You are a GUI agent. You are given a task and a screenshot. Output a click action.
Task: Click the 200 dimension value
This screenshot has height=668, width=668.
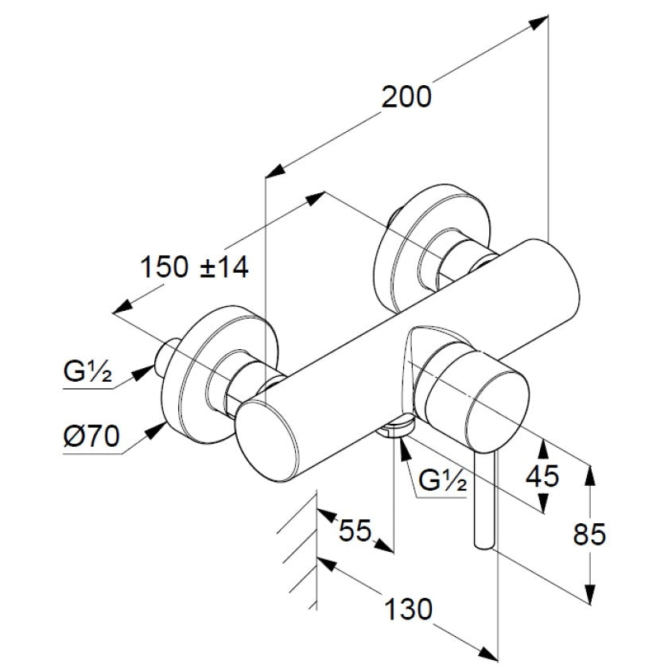[x=406, y=96]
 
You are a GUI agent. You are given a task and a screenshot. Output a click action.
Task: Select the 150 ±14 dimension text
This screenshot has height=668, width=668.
[x=194, y=267]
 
